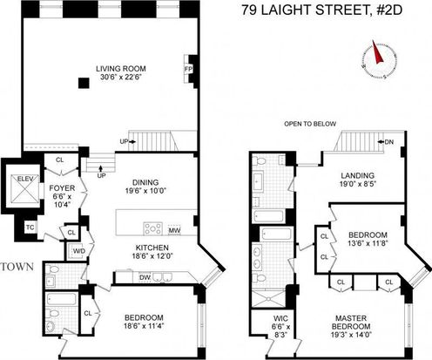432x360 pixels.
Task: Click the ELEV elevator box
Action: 25,187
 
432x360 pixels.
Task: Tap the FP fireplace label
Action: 188,69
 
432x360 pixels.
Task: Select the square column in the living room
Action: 84,83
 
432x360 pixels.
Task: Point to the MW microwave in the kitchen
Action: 174,230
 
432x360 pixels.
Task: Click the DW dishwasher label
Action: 145,277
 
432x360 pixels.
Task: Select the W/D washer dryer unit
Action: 78,251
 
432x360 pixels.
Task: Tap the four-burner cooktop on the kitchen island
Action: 153,228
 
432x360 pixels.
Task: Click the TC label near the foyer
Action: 30,228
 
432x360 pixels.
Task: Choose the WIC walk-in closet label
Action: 280,318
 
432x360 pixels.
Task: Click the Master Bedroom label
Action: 351,323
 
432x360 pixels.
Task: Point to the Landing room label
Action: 357,175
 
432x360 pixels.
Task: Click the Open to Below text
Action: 310,124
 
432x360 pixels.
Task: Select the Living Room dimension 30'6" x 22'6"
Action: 121,78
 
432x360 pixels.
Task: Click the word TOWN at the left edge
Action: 17,267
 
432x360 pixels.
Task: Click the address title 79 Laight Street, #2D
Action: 322,10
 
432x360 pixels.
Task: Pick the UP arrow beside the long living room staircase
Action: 133,142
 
